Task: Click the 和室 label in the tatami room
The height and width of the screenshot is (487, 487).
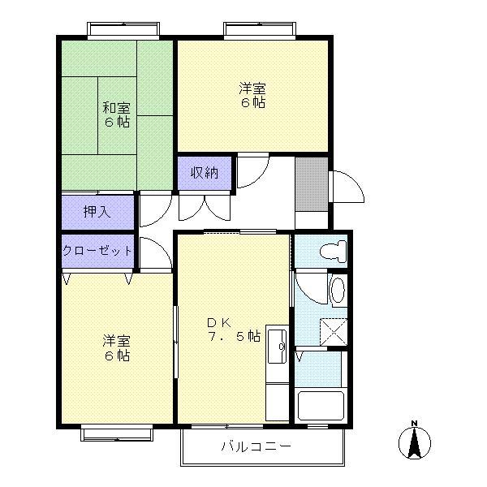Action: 116,109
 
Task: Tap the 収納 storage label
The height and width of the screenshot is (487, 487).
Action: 205,173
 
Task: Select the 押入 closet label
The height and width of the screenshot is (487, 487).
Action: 97,212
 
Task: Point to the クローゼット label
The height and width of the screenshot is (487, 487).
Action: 97,250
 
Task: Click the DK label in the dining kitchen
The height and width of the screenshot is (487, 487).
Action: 219,323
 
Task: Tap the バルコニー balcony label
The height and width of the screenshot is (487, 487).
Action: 256,446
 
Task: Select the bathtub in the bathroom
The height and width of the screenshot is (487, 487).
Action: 321,406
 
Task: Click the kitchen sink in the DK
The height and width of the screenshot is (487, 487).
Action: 277,347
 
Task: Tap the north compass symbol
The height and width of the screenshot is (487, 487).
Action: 415,443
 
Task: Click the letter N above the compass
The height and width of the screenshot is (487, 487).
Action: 414,423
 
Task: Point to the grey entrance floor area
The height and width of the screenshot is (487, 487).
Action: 312,184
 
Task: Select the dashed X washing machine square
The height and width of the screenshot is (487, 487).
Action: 334,332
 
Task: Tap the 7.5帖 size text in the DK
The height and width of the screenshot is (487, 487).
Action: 234,336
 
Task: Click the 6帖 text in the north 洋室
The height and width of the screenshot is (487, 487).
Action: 253,102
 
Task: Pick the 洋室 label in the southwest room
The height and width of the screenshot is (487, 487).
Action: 116,341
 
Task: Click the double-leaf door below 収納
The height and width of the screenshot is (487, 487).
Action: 205,207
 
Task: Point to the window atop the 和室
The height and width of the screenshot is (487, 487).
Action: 123,31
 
